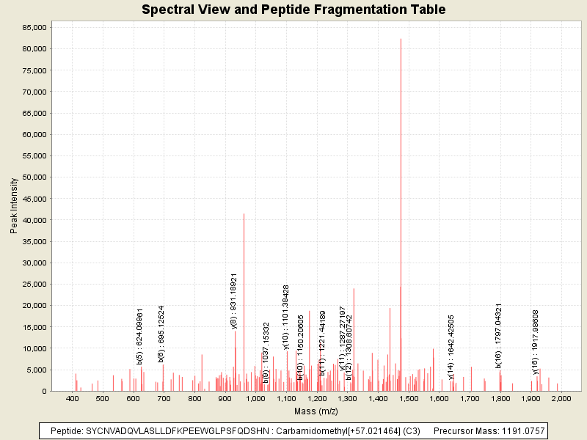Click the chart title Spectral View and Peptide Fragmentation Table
pos(293,10)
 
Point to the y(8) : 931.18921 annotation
pos(234,301)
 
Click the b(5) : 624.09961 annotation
pos(140,336)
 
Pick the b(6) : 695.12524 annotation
pos(161,334)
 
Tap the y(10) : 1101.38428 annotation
pos(286,317)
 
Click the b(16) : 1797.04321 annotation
pos(499,334)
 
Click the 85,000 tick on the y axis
pos(34,27)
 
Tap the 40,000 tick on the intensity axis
pos(34,220)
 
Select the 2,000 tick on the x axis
pos(561,398)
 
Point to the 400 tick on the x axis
pos(72,398)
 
